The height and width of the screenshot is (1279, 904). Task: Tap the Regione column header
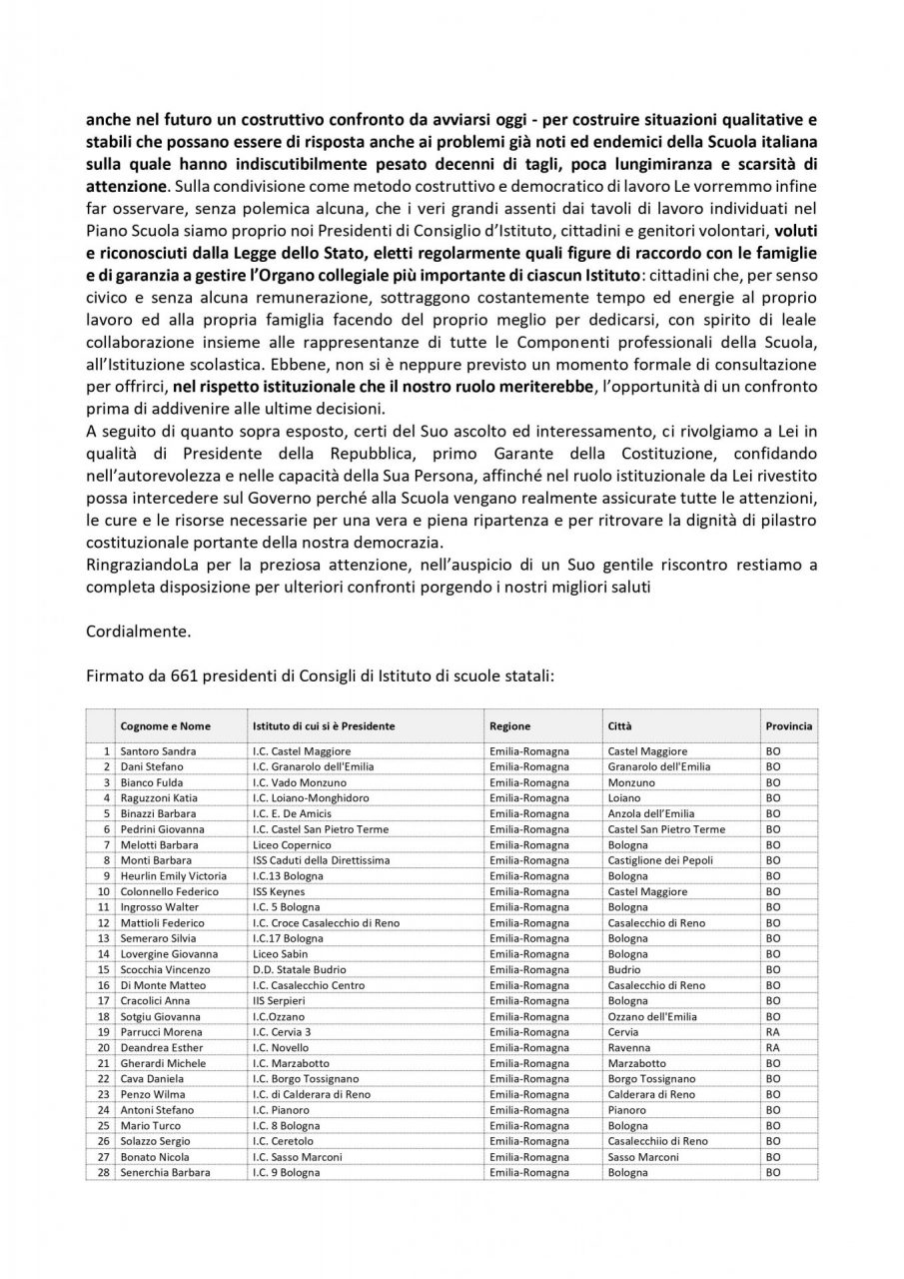[x=509, y=726]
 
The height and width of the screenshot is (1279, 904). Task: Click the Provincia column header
[x=788, y=726]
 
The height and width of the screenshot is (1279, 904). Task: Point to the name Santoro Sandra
[x=157, y=750]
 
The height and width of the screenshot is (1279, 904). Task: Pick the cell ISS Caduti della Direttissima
[x=319, y=860]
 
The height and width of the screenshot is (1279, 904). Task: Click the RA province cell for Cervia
[x=773, y=1032]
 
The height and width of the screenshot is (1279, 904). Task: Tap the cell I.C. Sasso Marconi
[x=298, y=1157]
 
